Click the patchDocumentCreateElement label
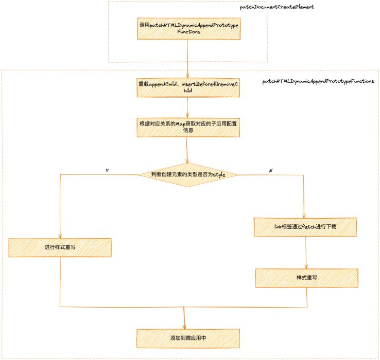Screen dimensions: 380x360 (277, 7)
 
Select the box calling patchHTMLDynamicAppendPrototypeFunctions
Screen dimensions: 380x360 (189, 29)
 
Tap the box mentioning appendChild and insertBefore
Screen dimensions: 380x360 (188, 87)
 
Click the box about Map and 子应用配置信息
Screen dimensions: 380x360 (188, 128)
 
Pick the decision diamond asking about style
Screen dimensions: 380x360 (188, 175)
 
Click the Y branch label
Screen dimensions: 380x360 (107, 170)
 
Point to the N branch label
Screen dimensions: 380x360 (271, 170)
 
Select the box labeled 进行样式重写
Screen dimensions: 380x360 (60, 247)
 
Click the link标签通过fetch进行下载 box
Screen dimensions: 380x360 (305, 227)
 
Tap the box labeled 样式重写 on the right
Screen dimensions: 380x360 (306, 278)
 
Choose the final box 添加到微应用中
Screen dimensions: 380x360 (188, 338)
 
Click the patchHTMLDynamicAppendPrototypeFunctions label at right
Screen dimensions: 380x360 (318, 81)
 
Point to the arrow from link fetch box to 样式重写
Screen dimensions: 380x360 (306, 253)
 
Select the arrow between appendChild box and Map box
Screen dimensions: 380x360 (187, 107)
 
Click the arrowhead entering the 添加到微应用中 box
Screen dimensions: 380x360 (184, 327)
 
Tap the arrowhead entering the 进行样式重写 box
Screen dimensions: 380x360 (60, 236)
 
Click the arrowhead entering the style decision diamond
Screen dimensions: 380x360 (187, 161)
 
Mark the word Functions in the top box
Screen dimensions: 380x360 (189, 32)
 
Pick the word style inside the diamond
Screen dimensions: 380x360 (219, 175)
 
